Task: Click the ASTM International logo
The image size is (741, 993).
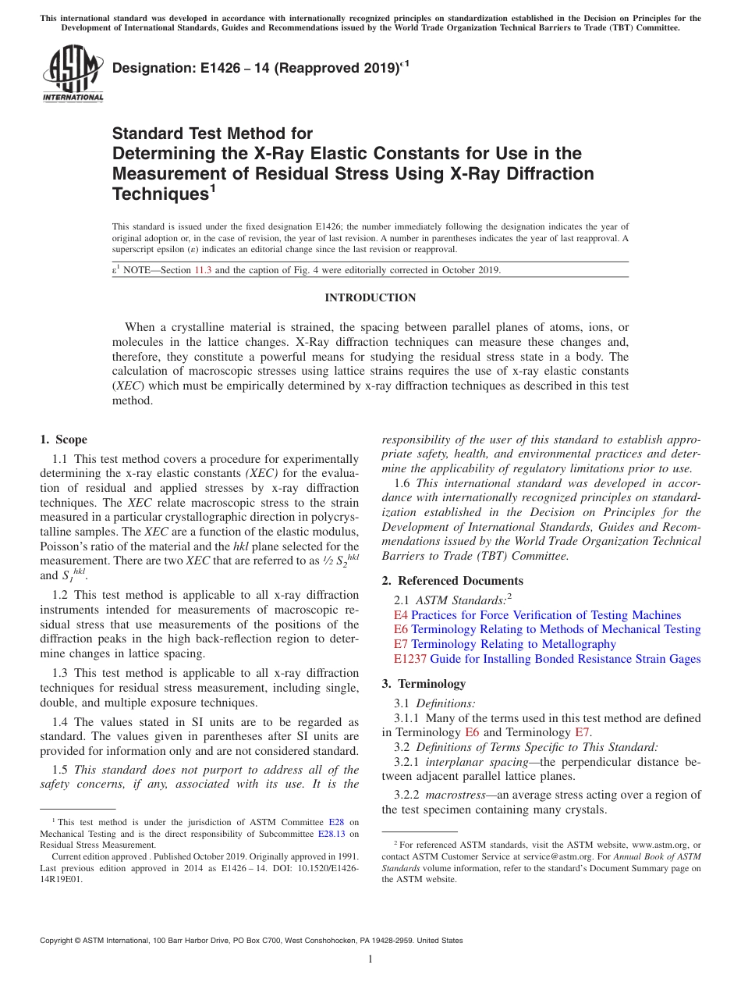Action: [x=72, y=74]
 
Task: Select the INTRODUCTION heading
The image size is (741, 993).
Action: [x=370, y=297]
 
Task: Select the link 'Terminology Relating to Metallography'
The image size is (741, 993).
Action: [x=513, y=644]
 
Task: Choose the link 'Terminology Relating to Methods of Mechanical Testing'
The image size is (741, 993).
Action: [x=555, y=629]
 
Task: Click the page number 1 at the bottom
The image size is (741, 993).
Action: [x=370, y=959]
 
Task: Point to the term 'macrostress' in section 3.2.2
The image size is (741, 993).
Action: [x=453, y=795]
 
